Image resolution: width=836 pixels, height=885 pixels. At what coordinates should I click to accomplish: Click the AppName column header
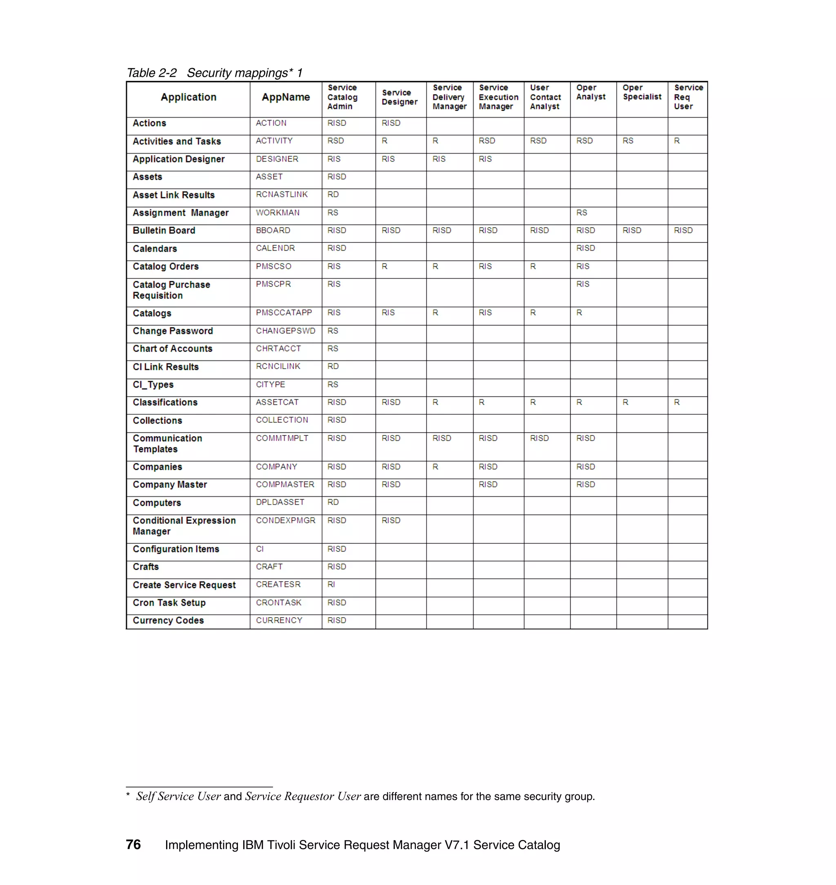(x=286, y=97)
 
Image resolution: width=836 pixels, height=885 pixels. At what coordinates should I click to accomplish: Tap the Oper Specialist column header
(x=642, y=92)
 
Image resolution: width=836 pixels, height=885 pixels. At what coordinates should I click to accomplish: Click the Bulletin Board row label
(x=164, y=230)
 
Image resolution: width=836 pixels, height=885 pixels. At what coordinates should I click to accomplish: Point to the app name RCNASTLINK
(x=282, y=194)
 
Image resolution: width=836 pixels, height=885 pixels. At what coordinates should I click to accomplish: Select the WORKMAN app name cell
(x=278, y=213)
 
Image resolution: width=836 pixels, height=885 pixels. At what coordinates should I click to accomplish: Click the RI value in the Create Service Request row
(x=331, y=584)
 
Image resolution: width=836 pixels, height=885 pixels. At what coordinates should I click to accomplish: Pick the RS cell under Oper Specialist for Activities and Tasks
(x=628, y=141)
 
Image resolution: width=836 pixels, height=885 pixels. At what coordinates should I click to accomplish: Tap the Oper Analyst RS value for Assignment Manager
(x=582, y=213)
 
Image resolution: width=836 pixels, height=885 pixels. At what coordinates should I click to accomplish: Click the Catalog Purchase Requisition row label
(x=171, y=290)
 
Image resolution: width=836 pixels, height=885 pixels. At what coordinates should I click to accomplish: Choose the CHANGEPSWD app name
(x=286, y=331)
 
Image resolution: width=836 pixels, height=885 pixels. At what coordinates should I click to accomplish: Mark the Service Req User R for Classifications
(x=676, y=402)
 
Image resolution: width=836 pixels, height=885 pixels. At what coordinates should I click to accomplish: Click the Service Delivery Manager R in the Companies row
(x=436, y=467)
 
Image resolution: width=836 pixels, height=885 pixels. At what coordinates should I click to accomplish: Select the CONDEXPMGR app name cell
(x=286, y=520)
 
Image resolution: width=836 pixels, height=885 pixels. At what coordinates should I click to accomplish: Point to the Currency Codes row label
(x=169, y=620)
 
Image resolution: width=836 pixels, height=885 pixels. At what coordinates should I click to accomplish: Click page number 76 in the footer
(x=133, y=845)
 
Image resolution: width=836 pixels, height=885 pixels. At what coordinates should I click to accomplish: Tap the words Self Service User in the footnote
(x=178, y=796)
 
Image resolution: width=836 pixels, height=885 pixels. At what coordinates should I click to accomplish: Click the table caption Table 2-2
(x=151, y=73)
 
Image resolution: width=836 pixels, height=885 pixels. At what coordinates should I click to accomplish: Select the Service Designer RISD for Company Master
(x=391, y=485)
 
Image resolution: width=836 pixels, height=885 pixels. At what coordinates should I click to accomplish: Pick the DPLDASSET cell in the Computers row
(x=280, y=502)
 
